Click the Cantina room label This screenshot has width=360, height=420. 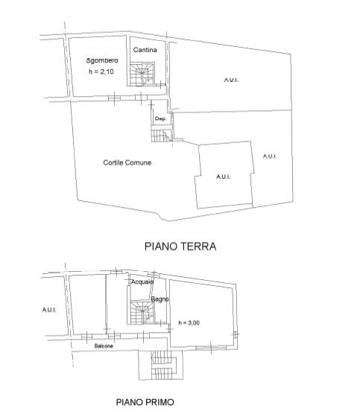pos(145,50)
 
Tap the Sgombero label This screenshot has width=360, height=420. pos(102,60)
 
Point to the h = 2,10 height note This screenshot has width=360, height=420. pos(101,71)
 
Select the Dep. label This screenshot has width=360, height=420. pos(160,118)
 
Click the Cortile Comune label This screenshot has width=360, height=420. pos(127,162)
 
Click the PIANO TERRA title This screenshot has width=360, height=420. pos(180,246)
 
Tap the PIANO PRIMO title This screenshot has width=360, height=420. pos(145,402)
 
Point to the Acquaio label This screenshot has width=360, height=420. pos(142,281)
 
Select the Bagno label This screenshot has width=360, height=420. pos(160,299)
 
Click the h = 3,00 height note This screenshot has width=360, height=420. pos(189,322)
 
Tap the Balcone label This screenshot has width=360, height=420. pos(104,346)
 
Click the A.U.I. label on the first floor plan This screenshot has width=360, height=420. pos(49,310)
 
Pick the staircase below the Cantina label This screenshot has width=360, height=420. pos(142,74)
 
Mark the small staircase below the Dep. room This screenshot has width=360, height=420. pos(160,136)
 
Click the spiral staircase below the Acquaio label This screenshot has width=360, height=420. pos(142,313)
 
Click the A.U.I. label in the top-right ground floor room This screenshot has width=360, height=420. pos(231,80)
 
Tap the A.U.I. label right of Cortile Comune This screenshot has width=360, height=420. pos(224,176)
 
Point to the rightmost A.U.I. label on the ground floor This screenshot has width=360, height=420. pos(270,156)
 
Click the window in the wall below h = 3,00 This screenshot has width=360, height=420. pos(211,348)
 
